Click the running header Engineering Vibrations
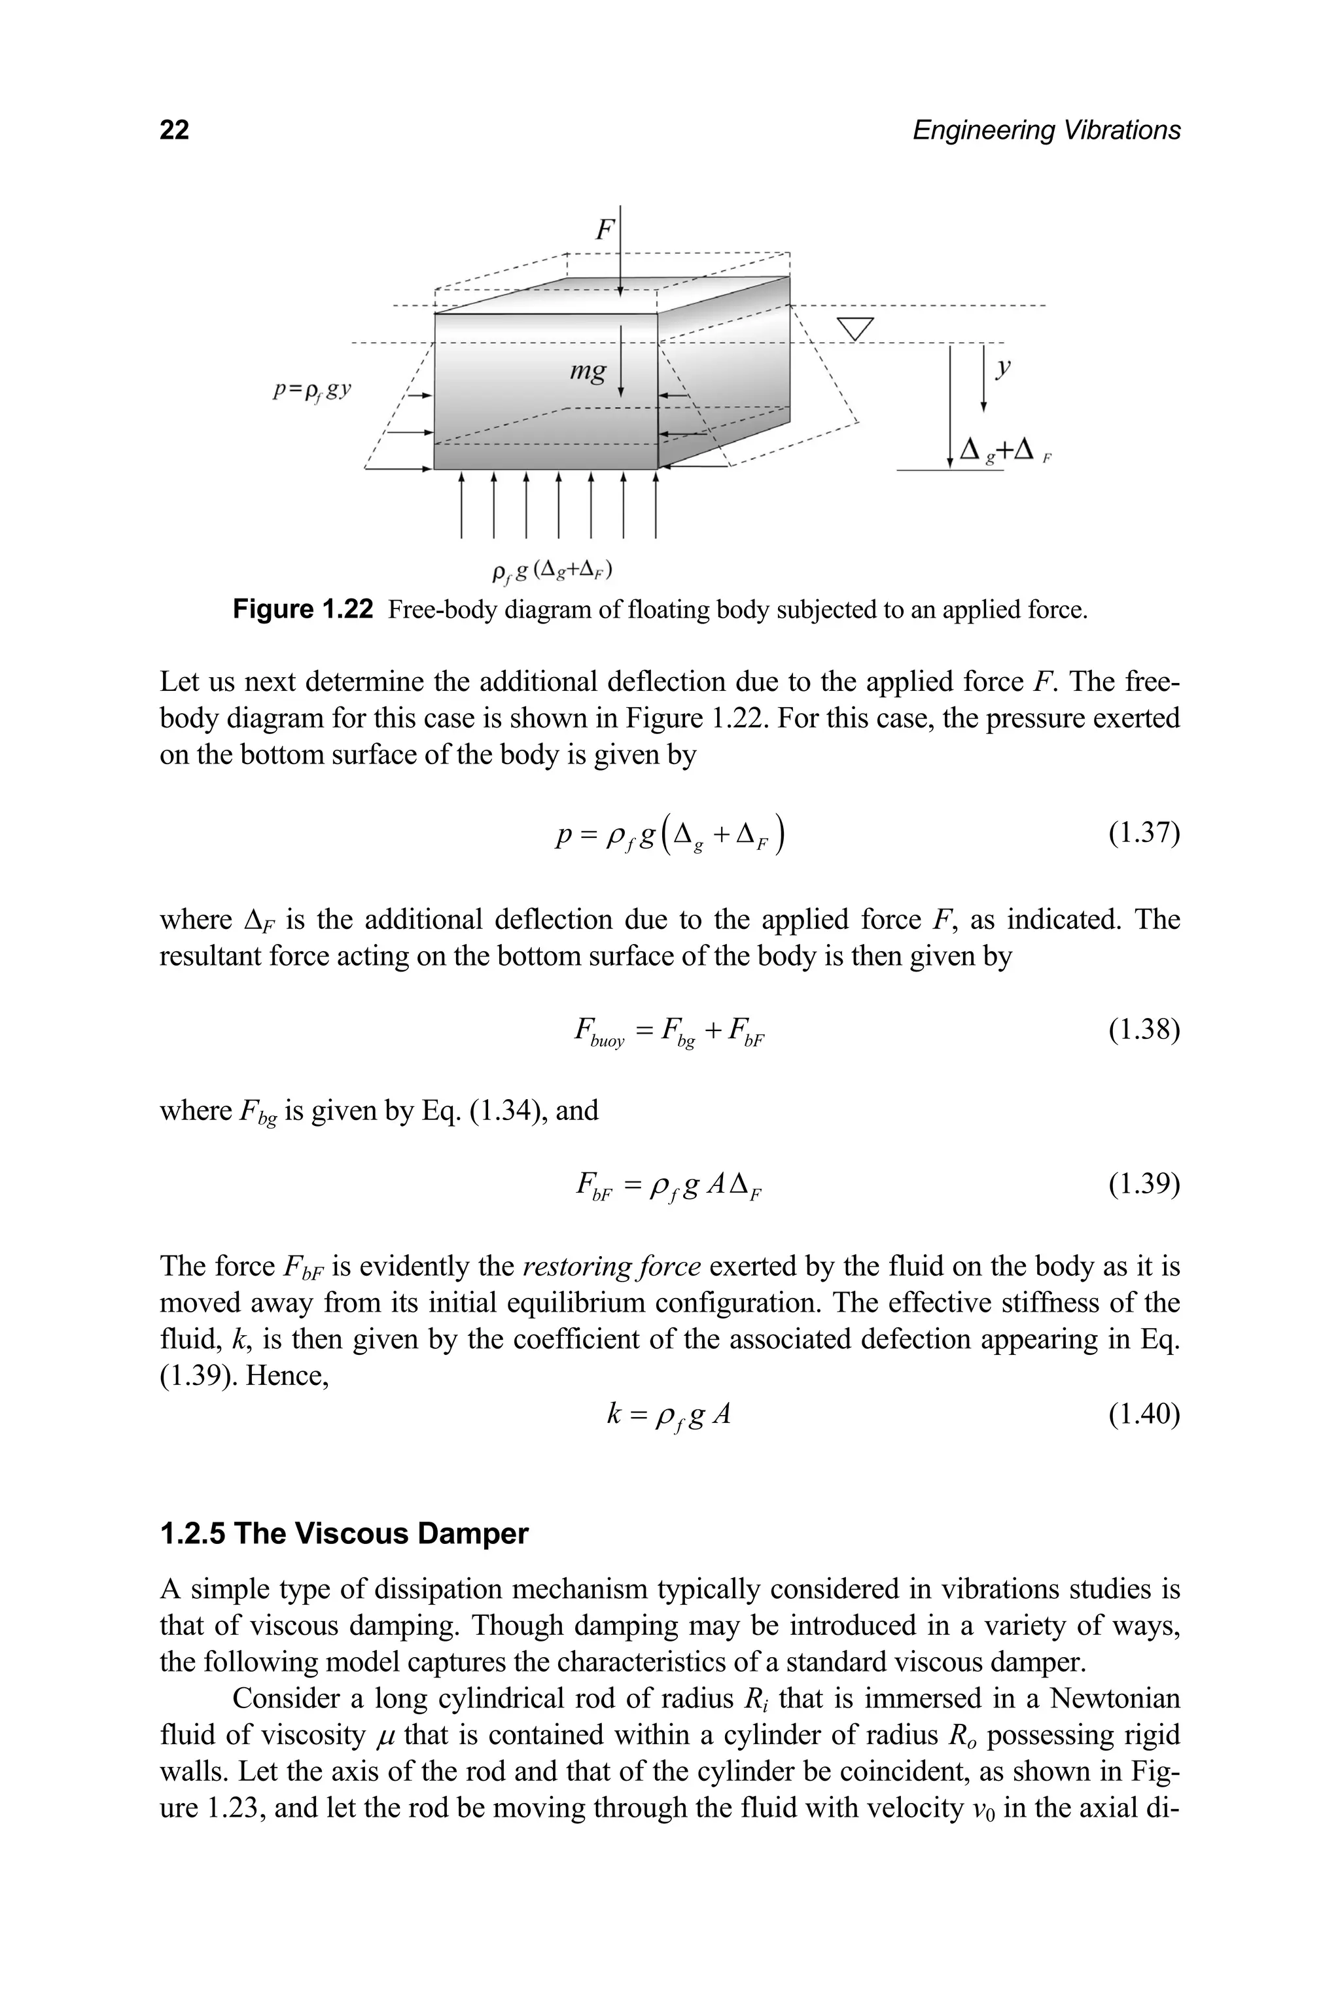(x=1046, y=130)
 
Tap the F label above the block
(x=604, y=229)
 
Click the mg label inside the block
(x=588, y=370)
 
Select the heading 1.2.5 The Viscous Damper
(x=344, y=1533)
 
